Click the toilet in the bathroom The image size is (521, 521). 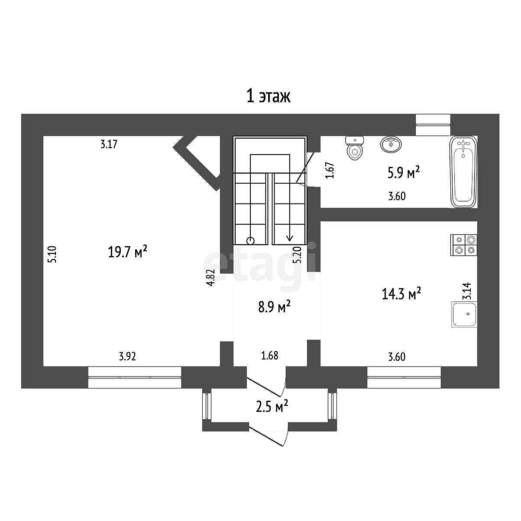[x=355, y=149]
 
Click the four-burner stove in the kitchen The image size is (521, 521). [x=464, y=245]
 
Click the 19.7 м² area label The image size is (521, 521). [x=127, y=252]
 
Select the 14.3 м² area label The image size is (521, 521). [x=401, y=294]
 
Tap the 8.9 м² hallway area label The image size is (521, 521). [x=275, y=308]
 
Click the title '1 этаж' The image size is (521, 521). [x=268, y=97]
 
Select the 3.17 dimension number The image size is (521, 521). [x=109, y=144]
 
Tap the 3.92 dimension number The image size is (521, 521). [x=127, y=357]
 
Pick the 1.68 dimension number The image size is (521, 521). [x=269, y=356]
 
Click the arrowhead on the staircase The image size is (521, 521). [x=290, y=238]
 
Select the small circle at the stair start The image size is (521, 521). [x=251, y=241]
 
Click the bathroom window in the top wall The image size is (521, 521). [x=433, y=125]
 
